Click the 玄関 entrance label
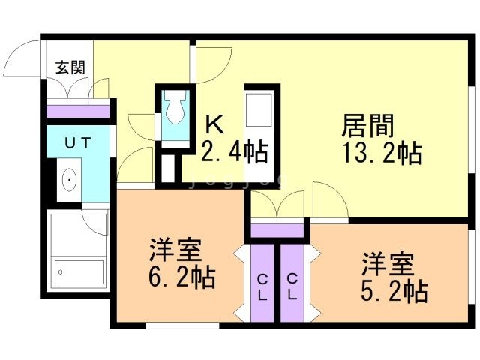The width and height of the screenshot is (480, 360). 70,67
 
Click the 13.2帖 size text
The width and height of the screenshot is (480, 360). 381,153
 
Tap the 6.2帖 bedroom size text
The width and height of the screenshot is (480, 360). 182,277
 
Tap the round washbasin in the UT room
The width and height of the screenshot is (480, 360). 68,180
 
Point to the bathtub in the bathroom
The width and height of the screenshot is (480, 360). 77,269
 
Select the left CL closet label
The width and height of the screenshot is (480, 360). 262,286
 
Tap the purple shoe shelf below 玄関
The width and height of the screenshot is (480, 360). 78,111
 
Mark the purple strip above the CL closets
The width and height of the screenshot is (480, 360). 277,229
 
